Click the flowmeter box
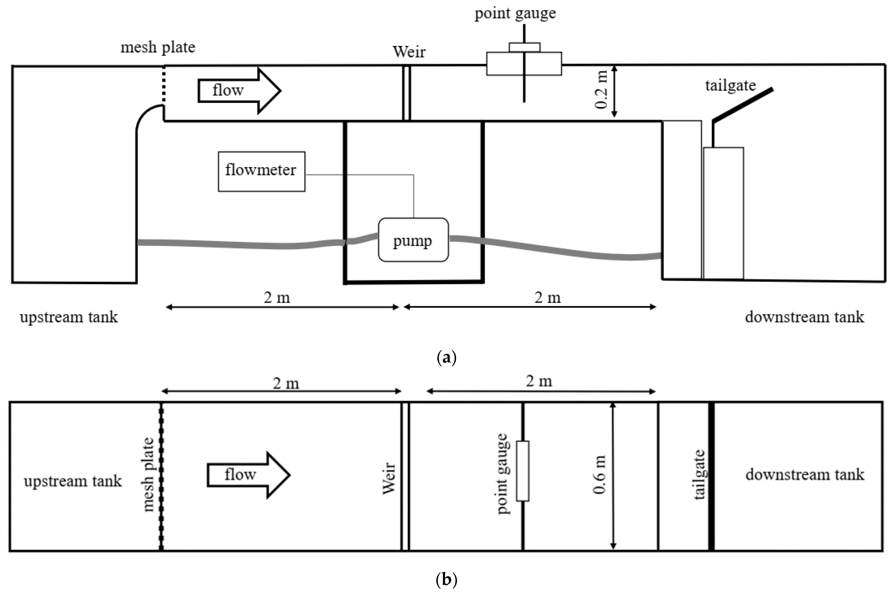click(x=261, y=172)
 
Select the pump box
click(x=413, y=240)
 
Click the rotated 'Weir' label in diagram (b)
click(x=389, y=479)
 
